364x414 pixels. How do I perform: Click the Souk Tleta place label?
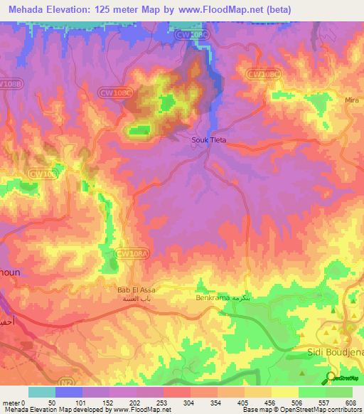point(209,140)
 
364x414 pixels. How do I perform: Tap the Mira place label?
point(351,100)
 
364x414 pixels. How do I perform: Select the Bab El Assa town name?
point(136,290)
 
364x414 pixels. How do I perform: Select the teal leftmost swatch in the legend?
point(42,392)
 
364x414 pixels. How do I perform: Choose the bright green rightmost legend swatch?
point(339,392)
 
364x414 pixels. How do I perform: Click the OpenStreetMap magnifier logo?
point(332,378)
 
